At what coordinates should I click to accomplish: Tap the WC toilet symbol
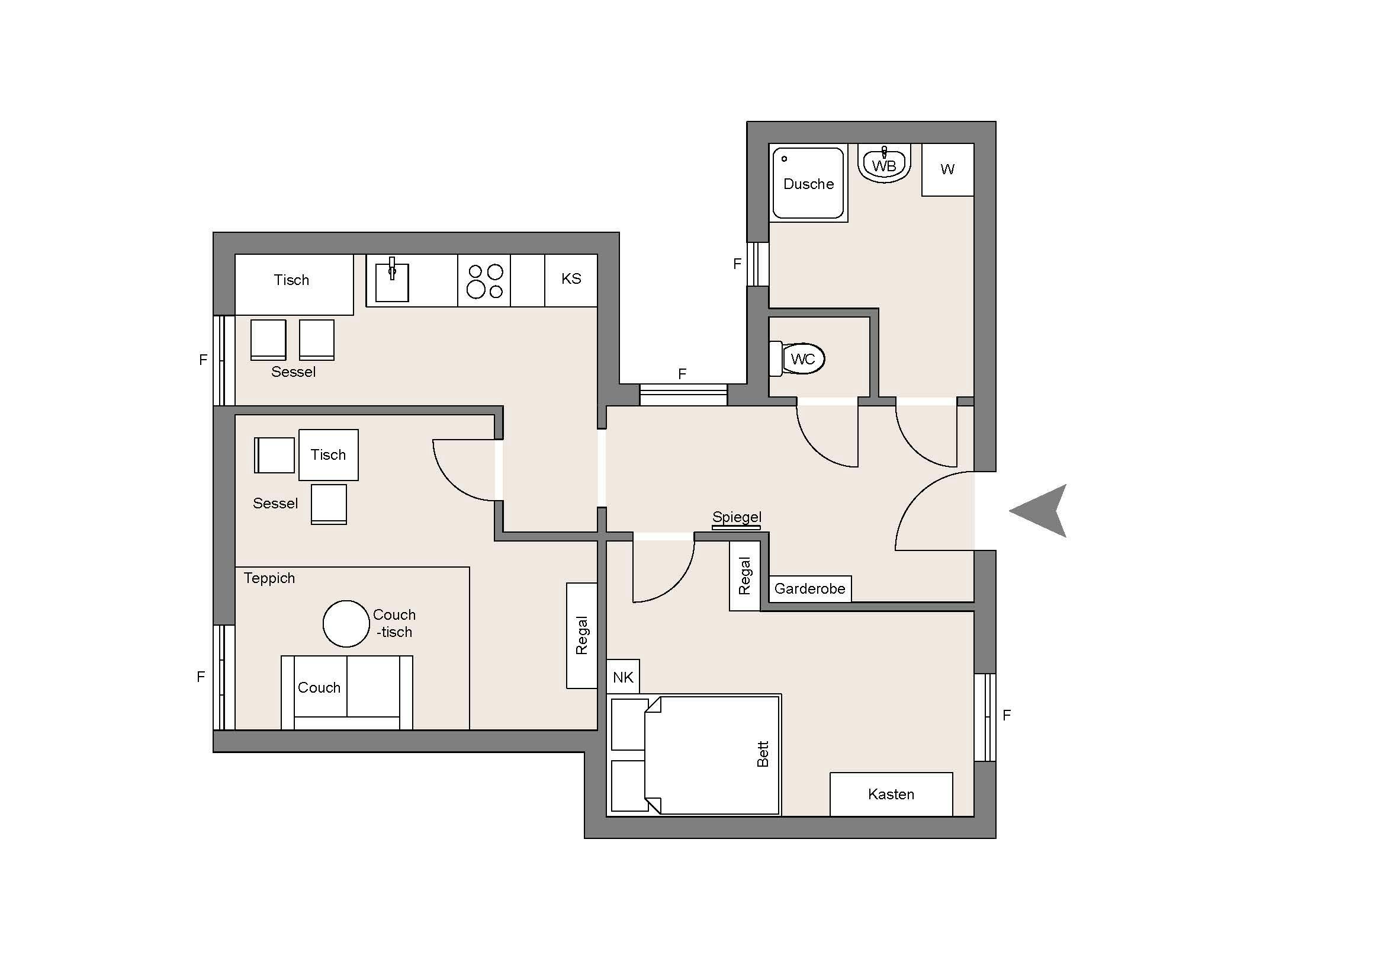pyautogui.click(x=797, y=359)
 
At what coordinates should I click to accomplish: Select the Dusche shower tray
pyautogui.click(x=808, y=183)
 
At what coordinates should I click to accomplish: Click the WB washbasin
pyautogui.click(x=884, y=163)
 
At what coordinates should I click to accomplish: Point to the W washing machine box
pyautogui.click(x=947, y=169)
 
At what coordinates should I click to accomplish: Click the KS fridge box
pyautogui.click(x=571, y=280)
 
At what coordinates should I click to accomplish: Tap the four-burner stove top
pyautogui.click(x=484, y=281)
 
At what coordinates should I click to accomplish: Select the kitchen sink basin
pyautogui.click(x=392, y=281)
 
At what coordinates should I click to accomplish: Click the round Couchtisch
pyautogui.click(x=346, y=623)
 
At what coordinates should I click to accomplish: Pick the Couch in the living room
pyautogui.click(x=347, y=693)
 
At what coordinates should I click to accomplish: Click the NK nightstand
pyautogui.click(x=623, y=677)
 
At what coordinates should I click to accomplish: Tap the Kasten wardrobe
pyautogui.click(x=892, y=794)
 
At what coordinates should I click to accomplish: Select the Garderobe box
pyautogui.click(x=810, y=589)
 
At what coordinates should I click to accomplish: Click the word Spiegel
pyautogui.click(x=737, y=517)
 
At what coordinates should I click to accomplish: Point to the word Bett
pyautogui.click(x=763, y=754)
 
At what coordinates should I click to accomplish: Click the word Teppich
pyautogui.click(x=269, y=578)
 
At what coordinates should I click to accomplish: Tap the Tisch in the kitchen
pyautogui.click(x=294, y=284)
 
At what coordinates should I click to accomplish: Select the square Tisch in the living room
pyautogui.click(x=329, y=455)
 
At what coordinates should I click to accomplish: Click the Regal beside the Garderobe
pyautogui.click(x=745, y=577)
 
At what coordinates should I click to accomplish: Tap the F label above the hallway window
pyautogui.click(x=682, y=374)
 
